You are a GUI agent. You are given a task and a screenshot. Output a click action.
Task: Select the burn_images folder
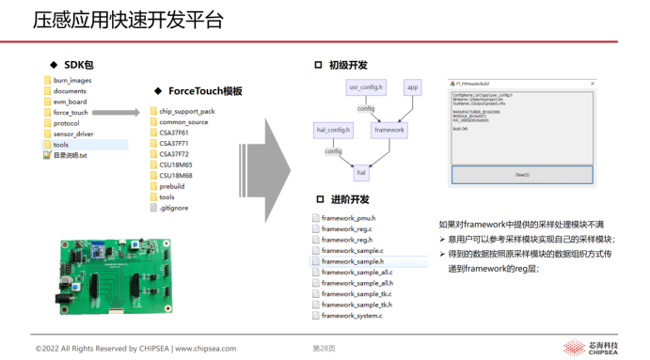[71, 81]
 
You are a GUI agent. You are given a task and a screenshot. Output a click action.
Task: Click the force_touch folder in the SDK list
[70, 113]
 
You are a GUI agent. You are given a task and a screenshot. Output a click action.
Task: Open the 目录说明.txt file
[69, 155]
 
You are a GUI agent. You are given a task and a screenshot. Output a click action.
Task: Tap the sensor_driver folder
[72, 134]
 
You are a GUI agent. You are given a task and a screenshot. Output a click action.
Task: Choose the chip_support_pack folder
[186, 111]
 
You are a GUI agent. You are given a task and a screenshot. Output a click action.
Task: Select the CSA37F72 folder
[173, 154]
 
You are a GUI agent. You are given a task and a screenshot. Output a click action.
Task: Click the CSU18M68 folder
[175, 176]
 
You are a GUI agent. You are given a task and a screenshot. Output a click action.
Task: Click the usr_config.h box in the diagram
[366, 87]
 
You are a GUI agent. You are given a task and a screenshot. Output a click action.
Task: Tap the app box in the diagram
[412, 87]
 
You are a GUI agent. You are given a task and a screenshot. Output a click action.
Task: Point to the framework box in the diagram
[388, 130]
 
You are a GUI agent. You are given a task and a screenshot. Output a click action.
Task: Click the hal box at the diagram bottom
[360, 173]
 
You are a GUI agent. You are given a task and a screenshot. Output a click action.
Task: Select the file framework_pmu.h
[347, 218]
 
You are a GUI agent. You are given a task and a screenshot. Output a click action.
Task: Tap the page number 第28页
[324, 349]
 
